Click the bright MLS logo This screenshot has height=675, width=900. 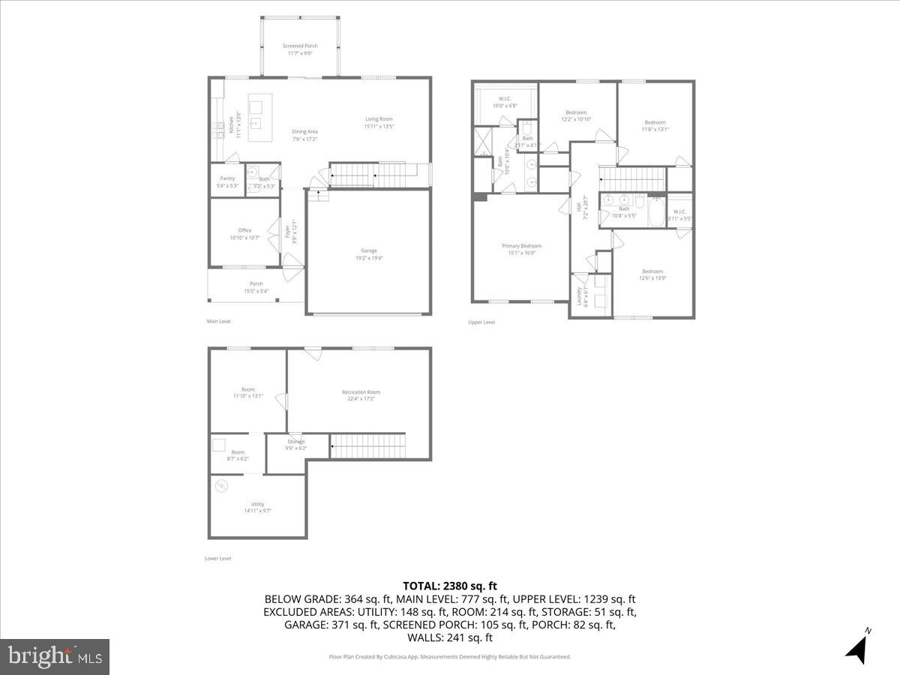click(55, 656)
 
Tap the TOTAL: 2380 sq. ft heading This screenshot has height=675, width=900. click(450, 586)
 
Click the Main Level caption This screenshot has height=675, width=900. click(219, 321)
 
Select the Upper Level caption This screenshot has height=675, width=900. click(481, 322)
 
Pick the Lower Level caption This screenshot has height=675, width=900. click(218, 558)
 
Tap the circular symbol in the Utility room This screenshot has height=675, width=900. click(222, 487)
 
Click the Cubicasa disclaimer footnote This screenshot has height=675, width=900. click(450, 657)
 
